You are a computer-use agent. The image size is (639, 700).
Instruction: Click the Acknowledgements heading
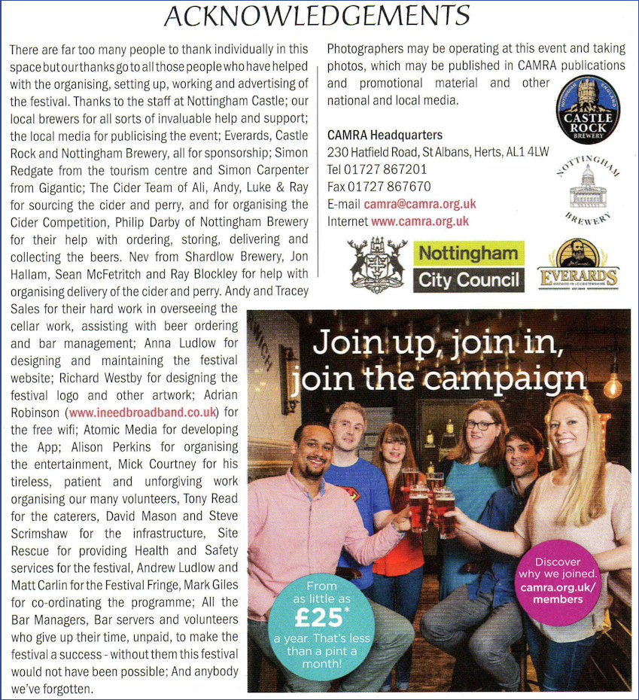(x=317, y=15)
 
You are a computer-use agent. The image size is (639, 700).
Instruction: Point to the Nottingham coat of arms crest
(x=378, y=263)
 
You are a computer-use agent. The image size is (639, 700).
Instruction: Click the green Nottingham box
(x=467, y=252)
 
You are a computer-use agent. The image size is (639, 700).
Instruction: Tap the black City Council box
(x=467, y=280)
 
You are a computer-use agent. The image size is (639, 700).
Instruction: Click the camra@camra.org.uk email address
(x=419, y=204)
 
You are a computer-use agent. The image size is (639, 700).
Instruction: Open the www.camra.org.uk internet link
(x=419, y=221)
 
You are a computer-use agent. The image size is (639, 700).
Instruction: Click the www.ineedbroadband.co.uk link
(x=143, y=412)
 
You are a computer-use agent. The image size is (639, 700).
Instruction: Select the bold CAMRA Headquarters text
(x=385, y=135)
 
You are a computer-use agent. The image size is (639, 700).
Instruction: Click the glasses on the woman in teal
(x=479, y=425)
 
